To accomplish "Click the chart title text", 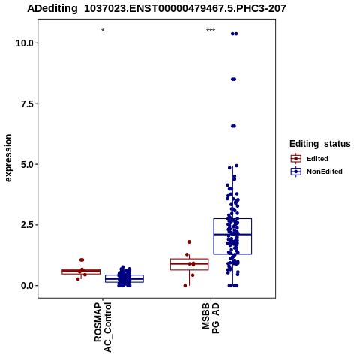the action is tap(157, 8).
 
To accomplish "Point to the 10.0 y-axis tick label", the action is tap(25, 43).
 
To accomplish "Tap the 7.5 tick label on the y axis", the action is tap(27, 103).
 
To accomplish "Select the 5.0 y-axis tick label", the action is tap(27, 164).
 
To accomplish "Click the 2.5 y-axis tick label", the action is tap(27, 225).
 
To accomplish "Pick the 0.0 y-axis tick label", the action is tap(27, 286).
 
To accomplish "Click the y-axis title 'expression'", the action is tap(8, 158).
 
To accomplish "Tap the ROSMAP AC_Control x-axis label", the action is tap(103, 327).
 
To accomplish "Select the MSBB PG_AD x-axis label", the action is tap(211, 318).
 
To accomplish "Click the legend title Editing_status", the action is tap(320, 144).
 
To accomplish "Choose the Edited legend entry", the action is tap(309, 159).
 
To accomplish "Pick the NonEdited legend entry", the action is tap(316, 172).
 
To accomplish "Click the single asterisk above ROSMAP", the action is tap(103, 31).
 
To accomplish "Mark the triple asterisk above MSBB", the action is tap(211, 31).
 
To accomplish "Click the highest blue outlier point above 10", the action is tap(234, 34).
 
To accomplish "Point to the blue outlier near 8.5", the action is tap(233, 79).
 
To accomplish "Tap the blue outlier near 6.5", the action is tap(233, 126).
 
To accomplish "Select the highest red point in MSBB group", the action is tap(189, 241).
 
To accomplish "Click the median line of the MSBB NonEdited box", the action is tap(232, 235).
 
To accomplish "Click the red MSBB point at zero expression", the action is tap(185, 286).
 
